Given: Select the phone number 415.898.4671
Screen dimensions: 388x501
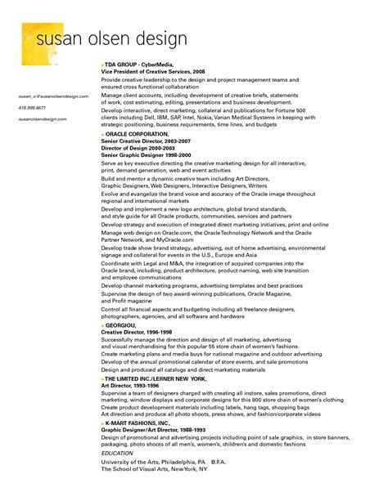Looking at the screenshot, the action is (x=31, y=107).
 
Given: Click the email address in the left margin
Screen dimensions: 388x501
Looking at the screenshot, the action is (x=52, y=96).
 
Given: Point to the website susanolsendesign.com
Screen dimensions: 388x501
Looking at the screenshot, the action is (x=42, y=119).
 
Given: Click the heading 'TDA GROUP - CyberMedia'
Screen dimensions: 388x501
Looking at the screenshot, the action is (x=142, y=64).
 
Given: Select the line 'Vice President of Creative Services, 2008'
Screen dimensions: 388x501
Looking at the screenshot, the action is (x=153, y=71).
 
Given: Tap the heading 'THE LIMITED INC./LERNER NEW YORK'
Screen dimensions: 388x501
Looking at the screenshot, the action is (x=156, y=379).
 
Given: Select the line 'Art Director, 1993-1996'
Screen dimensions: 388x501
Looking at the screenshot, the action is (x=130, y=386).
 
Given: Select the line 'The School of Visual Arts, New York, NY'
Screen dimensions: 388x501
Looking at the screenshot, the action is (x=154, y=468).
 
